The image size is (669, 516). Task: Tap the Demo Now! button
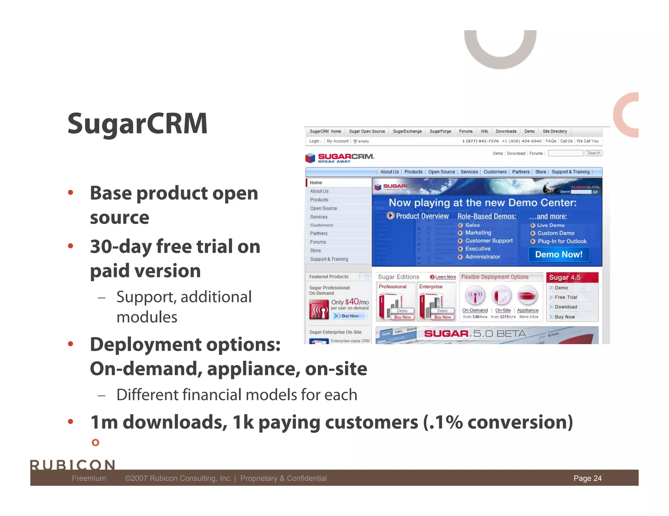click(x=559, y=254)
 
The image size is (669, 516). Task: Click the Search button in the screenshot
click(x=593, y=153)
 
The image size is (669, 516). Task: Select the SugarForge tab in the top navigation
click(x=440, y=131)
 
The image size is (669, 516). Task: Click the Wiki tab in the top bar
click(x=484, y=131)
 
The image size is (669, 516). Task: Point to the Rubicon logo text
click(x=73, y=464)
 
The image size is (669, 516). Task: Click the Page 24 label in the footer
click(x=587, y=478)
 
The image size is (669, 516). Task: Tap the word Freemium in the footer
click(x=89, y=478)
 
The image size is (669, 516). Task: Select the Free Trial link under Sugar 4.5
click(x=566, y=297)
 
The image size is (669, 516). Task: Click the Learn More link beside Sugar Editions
click(x=445, y=277)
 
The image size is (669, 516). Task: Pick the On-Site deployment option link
click(x=503, y=310)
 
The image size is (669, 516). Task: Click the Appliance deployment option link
click(x=528, y=310)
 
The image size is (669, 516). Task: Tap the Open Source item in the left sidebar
click(x=323, y=208)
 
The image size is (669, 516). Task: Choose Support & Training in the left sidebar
click(x=329, y=259)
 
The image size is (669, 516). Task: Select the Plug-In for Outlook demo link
click(x=562, y=241)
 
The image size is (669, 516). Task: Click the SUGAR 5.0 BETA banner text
click(x=475, y=334)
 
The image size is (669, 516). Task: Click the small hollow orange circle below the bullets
click(x=95, y=443)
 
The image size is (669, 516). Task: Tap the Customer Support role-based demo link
click(x=489, y=241)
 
